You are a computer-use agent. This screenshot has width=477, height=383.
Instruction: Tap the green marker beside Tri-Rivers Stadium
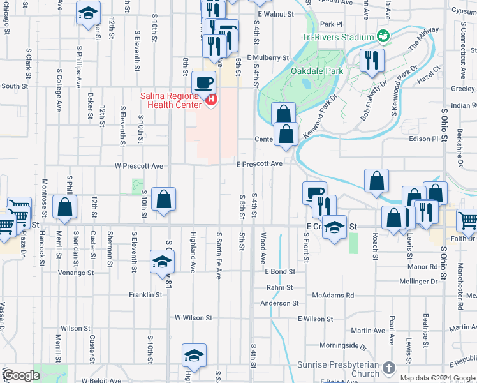click(383, 35)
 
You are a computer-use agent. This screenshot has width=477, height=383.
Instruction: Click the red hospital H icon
click(211, 100)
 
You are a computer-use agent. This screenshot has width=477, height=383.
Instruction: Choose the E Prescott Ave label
click(260, 164)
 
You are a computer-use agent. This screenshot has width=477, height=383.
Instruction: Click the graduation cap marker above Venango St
click(162, 261)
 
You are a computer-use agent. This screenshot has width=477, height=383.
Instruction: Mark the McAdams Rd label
click(333, 296)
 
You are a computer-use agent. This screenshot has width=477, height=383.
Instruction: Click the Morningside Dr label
click(343, 347)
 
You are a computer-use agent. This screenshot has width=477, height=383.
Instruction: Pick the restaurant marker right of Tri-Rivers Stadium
click(369, 61)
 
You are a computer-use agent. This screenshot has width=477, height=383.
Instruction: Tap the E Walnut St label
click(275, 13)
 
